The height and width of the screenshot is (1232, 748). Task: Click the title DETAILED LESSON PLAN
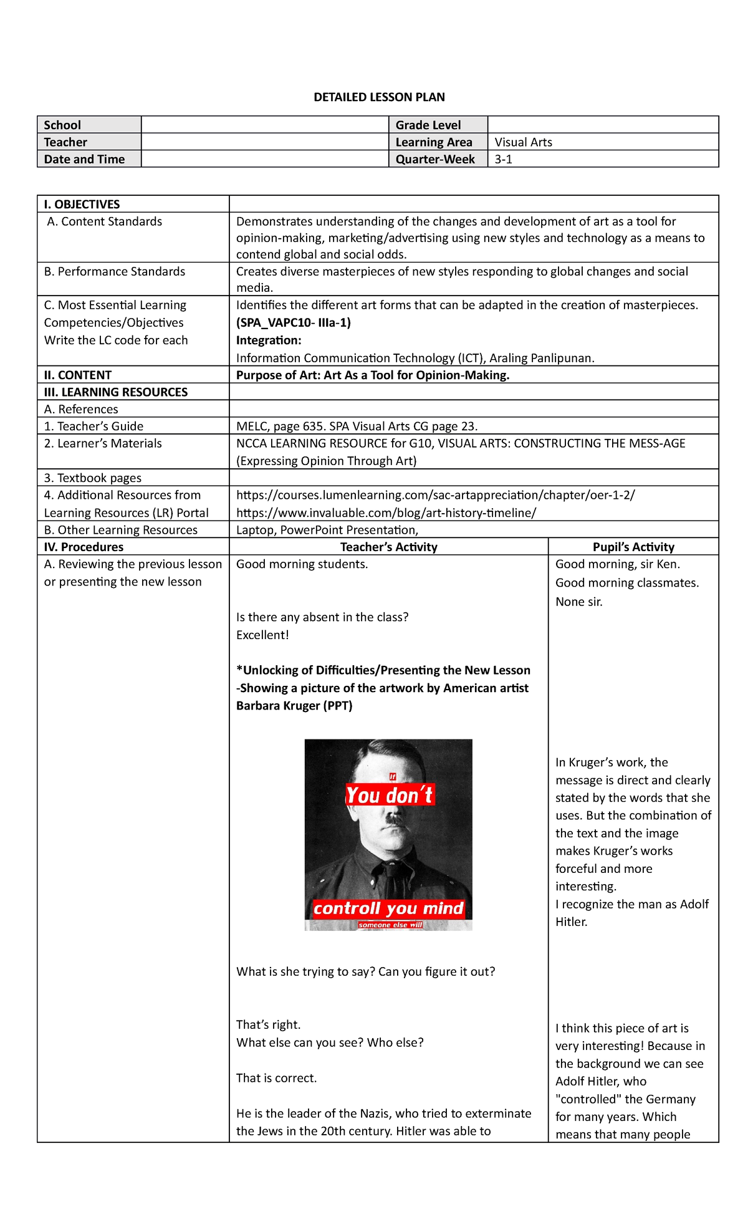[379, 97]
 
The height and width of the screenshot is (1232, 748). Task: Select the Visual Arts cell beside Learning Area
[523, 142]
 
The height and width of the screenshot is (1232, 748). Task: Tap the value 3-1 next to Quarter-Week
[503, 159]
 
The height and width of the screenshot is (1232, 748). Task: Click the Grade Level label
[428, 125]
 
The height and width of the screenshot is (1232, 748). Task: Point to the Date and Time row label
[84, 159]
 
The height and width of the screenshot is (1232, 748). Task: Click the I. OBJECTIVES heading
[82, 205]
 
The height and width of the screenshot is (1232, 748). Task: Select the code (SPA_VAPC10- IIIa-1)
[293, 322]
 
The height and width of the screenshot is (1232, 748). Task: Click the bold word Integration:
[269, 340]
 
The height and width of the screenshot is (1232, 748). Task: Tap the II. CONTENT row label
[77, 375]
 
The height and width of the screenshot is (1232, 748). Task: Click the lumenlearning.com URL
[435, 495]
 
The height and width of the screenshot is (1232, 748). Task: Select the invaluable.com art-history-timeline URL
[386, 513]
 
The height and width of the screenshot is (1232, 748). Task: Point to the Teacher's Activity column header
[388, 547]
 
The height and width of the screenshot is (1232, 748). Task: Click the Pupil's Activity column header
[633, 547]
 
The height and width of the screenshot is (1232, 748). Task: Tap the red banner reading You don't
[390, 795]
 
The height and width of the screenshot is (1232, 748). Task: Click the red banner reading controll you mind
[388, 908]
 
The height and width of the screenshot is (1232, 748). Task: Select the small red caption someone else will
[390, 925]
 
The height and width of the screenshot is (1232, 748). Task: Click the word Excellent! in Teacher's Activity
[262, 635]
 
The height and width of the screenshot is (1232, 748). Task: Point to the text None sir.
[578, 602]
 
